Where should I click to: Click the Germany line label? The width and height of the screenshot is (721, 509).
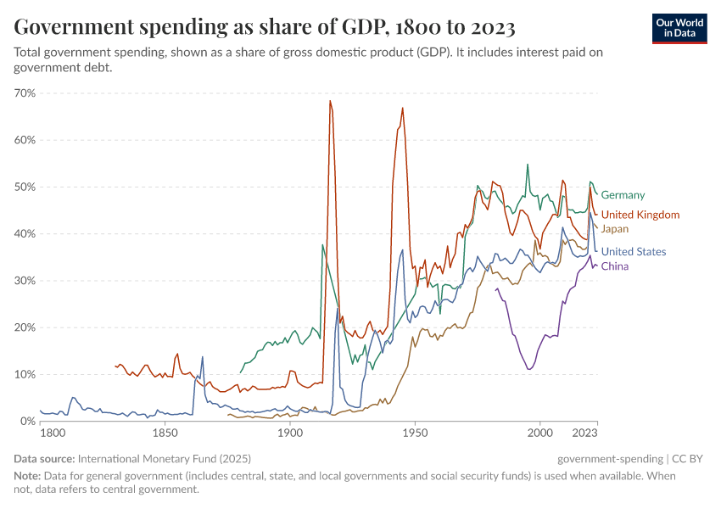pyautogui.click(x=623, y=195)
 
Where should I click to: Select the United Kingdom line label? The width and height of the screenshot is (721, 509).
pyautogui.click(x=640, y=215)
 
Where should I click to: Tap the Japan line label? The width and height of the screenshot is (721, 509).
pyautogui.click(x=614, y=228)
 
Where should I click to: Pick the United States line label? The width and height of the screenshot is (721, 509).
pyautogui.click(x=633, y=251)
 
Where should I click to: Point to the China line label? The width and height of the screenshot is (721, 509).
pyautogui.click(x=614, y=266)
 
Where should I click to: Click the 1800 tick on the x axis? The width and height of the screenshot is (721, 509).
pyautogui.click(x=53, y=433)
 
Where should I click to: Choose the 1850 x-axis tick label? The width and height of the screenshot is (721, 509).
pyautogui.click(x=165, y=433)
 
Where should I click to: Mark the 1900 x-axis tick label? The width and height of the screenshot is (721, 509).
pyautogui.click(x=290, y=433)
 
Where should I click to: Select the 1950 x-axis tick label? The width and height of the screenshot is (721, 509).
pyautogui.click(x=415, y=433)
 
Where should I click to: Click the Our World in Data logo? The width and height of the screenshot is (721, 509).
pyautogui.click(x=679, y=28)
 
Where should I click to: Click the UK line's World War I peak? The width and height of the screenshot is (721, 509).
pyautogui.click(x=330, y=101)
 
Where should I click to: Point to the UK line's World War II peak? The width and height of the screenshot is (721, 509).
pyautogui.click(x=402, y=108)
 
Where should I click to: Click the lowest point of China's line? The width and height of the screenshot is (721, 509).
pyautogui.click(x=529, y=369)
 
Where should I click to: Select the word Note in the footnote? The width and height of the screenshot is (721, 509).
pyautogui.click(x=27, y=476)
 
